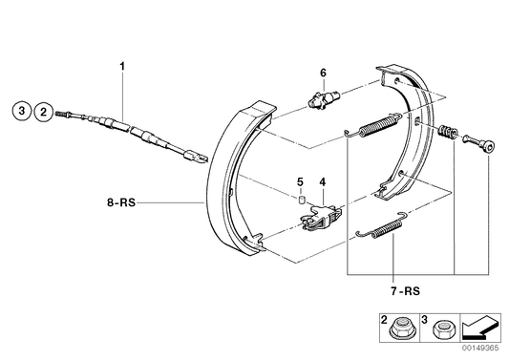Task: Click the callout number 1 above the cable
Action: pos(121,65)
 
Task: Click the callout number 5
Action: pos(300,181)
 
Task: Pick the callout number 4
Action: pos(323,181)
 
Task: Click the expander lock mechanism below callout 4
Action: pos(318,218)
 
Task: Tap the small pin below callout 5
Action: pos(300,200)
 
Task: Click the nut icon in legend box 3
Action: pos(442,330)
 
